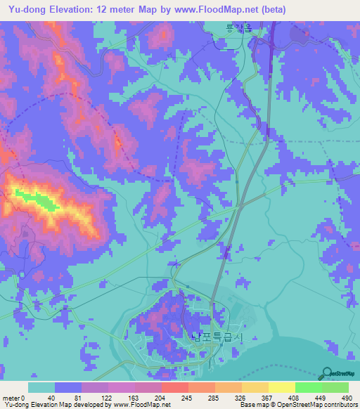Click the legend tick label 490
(345, 397)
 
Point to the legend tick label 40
(51, 397)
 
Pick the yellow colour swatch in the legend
(281, 387)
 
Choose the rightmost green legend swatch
(335, 387)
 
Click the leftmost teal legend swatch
(41, 387)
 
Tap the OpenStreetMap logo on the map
(338, 374)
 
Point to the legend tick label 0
(24, 397)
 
